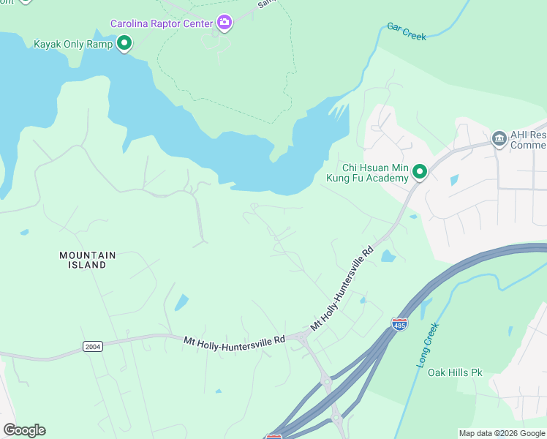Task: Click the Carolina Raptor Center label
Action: pos(161,23)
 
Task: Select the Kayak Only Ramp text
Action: pos(73,44)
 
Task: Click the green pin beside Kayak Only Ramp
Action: pos(124,44)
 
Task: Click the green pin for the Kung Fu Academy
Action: pos(420,172)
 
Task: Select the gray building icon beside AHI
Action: pos(499,139)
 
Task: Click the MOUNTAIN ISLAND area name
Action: pos(87,260)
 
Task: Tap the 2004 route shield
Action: pos(93,346)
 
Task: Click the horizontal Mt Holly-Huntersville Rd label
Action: pos(234,341)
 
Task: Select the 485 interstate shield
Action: pos(399,323)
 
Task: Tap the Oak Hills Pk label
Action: pos(456,372)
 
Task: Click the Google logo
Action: pos(24,430)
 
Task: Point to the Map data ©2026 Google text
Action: pos(501,433)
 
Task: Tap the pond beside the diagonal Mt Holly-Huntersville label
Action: pos(388,256)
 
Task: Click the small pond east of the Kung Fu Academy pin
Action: pos(454,179)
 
